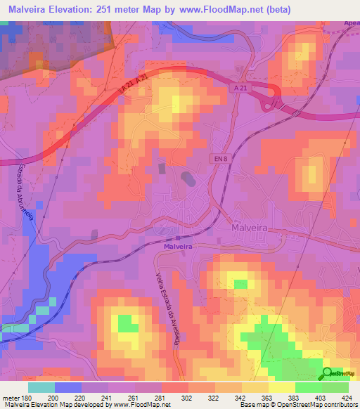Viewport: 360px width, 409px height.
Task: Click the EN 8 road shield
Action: coord(221,160)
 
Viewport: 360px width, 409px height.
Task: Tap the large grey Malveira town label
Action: coord(252,228)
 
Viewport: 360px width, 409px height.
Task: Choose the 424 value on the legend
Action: coord(346,398)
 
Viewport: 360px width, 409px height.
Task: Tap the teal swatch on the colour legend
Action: coord(41,387)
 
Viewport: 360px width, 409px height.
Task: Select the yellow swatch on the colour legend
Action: coord(281,387)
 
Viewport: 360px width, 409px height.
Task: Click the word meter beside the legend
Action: coord(11,398)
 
